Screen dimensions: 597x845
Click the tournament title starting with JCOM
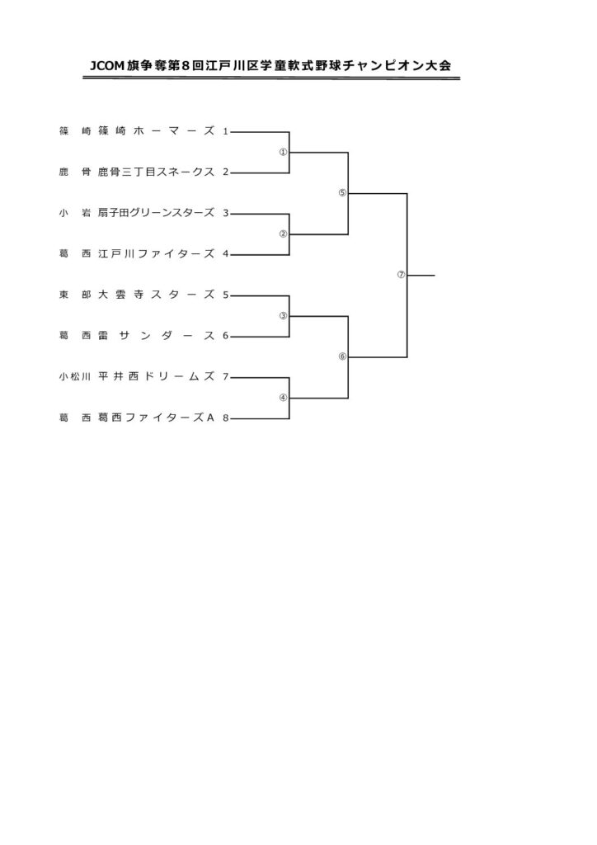pos(270,65)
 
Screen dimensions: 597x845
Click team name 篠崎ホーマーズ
pos(156,131)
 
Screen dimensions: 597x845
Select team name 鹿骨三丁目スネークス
pos(156,172)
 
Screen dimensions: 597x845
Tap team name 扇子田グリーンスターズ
pos(156,213)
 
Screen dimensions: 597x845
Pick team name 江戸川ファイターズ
pos(156,254)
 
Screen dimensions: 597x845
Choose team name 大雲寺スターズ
pos(156,295)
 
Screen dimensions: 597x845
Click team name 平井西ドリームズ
pos(156,376)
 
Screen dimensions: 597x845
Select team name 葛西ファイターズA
pos(156,418)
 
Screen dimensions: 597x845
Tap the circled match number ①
pos(283,152)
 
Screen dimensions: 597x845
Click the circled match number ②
pos(283,234)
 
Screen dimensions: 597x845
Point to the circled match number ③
pos(283,316)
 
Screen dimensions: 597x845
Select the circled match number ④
pos(283,398)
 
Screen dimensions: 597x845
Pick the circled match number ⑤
pos(342,193)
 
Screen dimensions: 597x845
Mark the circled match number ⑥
pos(342,356)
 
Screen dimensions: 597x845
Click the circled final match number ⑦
pos(401,275)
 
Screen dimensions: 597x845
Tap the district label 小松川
pos(75,376)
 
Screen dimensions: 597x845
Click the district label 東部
pos(75,295)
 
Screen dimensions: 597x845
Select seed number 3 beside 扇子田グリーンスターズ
pos(226,213)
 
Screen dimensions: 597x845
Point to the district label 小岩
pos(75,213)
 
